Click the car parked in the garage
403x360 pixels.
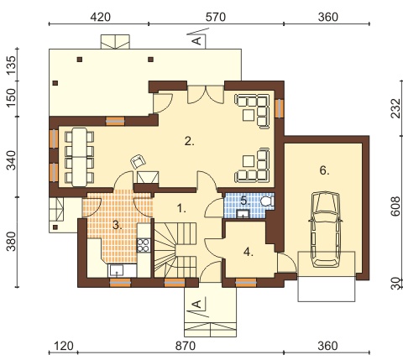pos(326,229)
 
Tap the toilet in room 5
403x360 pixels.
pos(267,201)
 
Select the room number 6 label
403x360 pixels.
pos(324,170)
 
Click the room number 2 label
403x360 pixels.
pos(189,141)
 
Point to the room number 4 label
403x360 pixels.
pos(248,252)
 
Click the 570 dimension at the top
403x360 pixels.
pos(215,18)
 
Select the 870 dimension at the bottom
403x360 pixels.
pos(186,346)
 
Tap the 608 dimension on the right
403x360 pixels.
pos(395,206)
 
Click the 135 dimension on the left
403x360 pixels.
pos(12,65)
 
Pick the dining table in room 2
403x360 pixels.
pos(79,157)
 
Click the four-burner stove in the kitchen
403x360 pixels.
pos(144,245)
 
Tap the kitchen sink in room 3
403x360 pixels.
pos(117,270)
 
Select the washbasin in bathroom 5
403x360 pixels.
pos(243,214)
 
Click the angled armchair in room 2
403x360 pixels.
pos(139,162)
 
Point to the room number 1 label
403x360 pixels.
pos(181,208)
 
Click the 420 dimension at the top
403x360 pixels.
pos(100,18)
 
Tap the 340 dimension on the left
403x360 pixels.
pos(12,160)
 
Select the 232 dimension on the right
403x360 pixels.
pos(395,108)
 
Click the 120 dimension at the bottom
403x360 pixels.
pos(63,346)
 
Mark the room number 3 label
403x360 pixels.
pos(118,225)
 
